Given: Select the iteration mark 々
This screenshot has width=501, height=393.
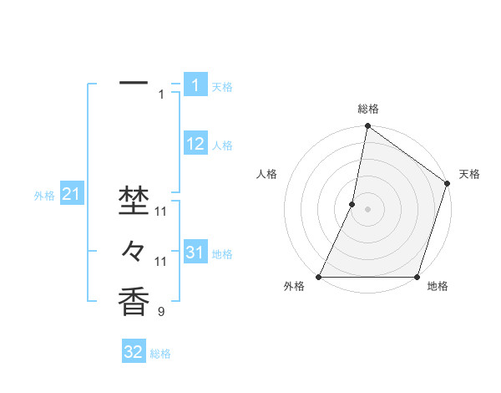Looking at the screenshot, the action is (x=134, y=250).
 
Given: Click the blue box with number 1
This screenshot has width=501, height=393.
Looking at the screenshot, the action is (x=195, y=85).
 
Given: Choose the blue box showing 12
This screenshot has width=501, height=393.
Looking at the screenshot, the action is (x=195, y=144).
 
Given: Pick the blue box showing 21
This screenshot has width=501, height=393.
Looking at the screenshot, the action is (x=71, y=195).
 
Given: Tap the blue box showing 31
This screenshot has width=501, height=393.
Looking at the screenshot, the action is (x=195, y=253).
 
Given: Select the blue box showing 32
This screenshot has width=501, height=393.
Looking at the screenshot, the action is (x=134, y=352).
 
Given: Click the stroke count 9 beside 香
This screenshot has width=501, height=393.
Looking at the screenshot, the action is (x=161, y=313).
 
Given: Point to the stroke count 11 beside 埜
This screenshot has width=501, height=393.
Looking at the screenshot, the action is (x=161, y=211).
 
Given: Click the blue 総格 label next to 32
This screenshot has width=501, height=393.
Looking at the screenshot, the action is (x=160, y=354).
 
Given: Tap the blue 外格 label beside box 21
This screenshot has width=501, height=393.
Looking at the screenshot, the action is (x=44, y=196).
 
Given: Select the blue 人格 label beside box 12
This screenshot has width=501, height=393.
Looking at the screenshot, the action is (x=222, y=145).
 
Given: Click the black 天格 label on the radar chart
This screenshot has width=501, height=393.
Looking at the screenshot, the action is (x=469, y=174).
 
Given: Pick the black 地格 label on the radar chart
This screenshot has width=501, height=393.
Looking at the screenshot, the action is (x=437, y=286).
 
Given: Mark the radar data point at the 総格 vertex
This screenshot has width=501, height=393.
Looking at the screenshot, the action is (x=367, y=127).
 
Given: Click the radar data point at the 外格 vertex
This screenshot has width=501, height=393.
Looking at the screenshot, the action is (x=319, y=277).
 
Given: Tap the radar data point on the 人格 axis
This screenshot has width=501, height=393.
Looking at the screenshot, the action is (x=352, y=204).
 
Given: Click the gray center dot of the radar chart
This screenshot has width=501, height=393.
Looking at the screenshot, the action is (x=367, y=209).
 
